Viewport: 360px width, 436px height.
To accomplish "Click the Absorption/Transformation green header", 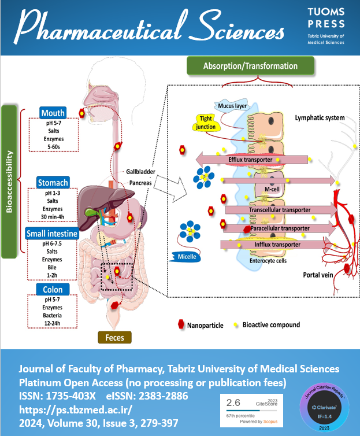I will (250, 66).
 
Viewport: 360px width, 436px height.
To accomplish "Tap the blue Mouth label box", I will (53, 112).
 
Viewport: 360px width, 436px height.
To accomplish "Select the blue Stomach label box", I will (53, 183).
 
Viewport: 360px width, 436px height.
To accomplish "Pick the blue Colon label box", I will (53, 289).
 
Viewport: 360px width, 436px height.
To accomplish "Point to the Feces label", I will (114, 337).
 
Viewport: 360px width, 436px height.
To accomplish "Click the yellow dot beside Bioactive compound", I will (236, 325).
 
